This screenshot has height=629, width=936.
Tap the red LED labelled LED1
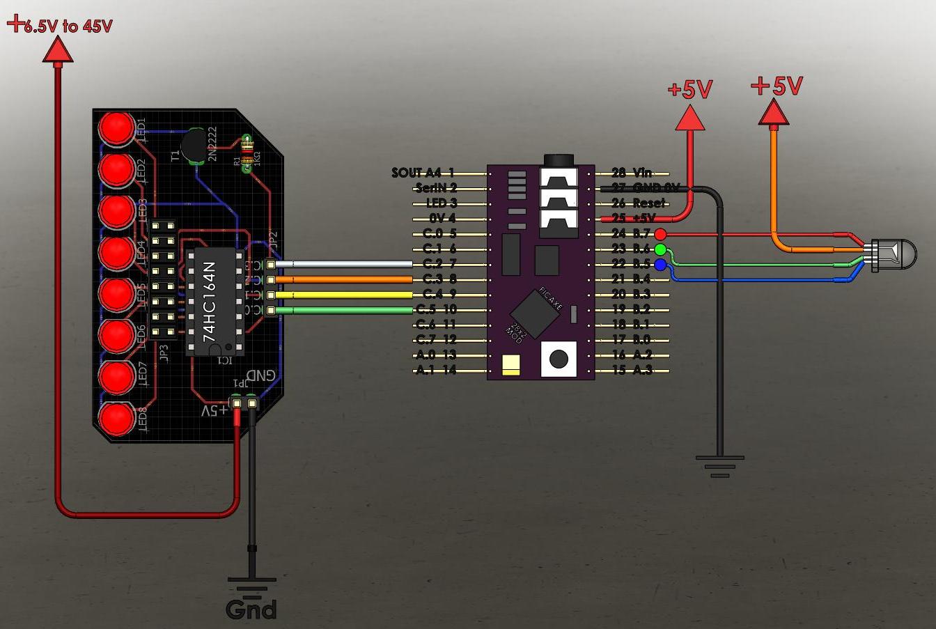[116, 128]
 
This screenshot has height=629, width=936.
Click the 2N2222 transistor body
[195, 146]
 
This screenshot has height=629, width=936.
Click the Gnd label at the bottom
[251, 609]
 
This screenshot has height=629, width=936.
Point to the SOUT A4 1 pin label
[423, 173]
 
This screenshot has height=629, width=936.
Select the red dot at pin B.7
[660, 234]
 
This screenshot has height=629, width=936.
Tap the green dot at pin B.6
[660, 249]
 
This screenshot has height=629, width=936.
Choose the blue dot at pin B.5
[660, 265]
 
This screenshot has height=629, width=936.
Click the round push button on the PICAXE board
[559, 359]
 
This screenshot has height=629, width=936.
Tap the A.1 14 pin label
[435, 370]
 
